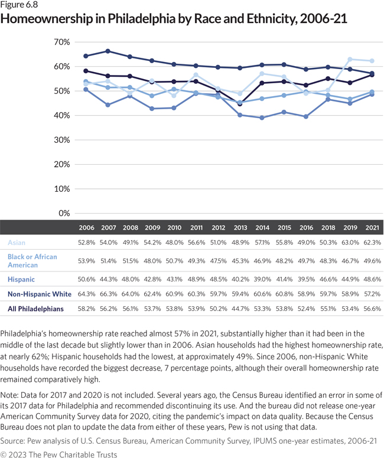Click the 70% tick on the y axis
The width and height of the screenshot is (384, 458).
tap(61, 42)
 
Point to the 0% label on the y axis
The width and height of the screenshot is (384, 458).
tap(63, 213)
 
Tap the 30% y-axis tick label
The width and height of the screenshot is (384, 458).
tap(61, 140)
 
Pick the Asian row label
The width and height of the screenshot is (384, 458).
tap(17, 242)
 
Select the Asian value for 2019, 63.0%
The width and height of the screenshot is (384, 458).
tap(350, 242)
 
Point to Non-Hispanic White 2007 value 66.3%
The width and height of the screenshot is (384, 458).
tap(108, 293)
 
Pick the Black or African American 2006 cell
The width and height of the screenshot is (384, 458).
tap(86, 260)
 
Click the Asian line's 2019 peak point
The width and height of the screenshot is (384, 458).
tap(350, 59)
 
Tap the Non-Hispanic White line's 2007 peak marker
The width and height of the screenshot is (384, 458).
tap(108, 51)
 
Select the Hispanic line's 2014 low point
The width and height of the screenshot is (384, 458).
tap(261, 117)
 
